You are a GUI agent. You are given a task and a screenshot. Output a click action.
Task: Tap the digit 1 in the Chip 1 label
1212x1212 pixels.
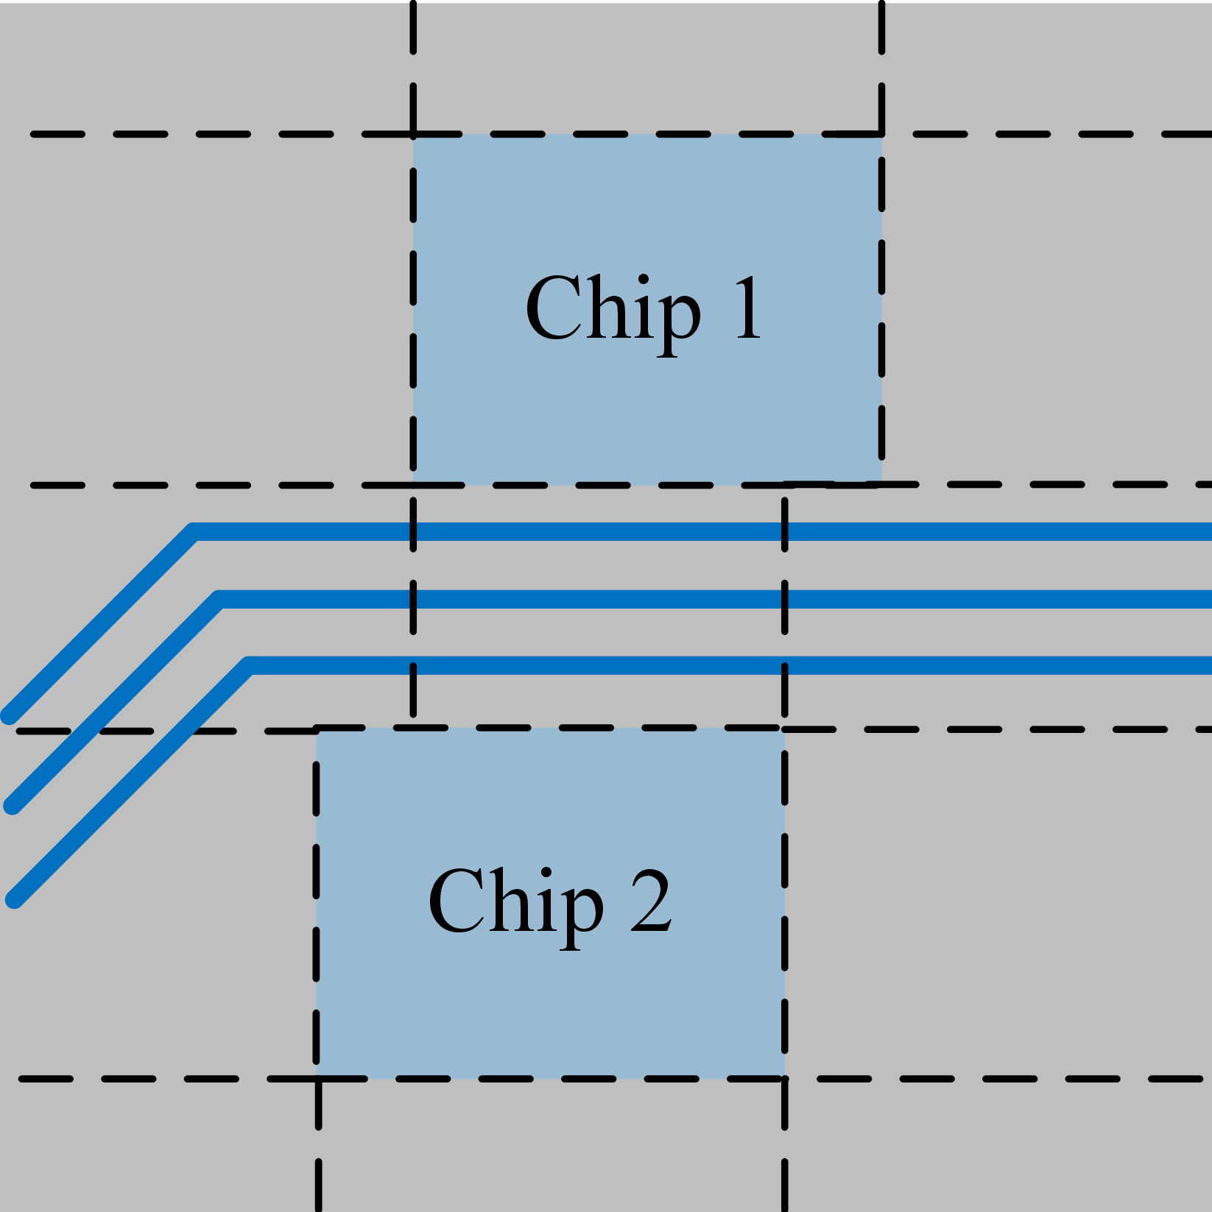747,308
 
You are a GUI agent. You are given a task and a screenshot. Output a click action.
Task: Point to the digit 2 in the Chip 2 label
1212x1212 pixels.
651,901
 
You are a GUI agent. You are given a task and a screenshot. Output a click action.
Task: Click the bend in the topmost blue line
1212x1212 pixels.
194,531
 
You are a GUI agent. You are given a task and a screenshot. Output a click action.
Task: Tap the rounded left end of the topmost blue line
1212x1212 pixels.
10,716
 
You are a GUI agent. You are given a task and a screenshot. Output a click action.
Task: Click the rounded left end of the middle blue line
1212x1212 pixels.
13,806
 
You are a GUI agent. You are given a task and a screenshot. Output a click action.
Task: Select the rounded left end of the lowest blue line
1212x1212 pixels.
15,900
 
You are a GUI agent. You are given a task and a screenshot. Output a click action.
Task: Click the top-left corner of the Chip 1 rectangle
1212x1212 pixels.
414,135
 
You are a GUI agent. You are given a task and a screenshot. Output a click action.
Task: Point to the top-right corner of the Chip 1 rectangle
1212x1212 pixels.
882,135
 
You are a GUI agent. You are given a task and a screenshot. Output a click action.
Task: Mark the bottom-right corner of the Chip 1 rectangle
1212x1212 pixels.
882,485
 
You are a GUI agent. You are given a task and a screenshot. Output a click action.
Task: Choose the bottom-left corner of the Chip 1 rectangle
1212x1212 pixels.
414,485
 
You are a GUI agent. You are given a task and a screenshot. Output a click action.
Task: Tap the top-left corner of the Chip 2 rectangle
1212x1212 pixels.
317,729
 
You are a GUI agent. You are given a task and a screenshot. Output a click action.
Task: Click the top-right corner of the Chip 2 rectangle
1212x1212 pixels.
784,729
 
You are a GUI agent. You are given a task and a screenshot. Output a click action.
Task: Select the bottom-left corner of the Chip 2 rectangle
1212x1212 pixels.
317,1079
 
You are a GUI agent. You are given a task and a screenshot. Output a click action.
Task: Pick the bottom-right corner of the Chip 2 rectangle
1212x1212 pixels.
784,1079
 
